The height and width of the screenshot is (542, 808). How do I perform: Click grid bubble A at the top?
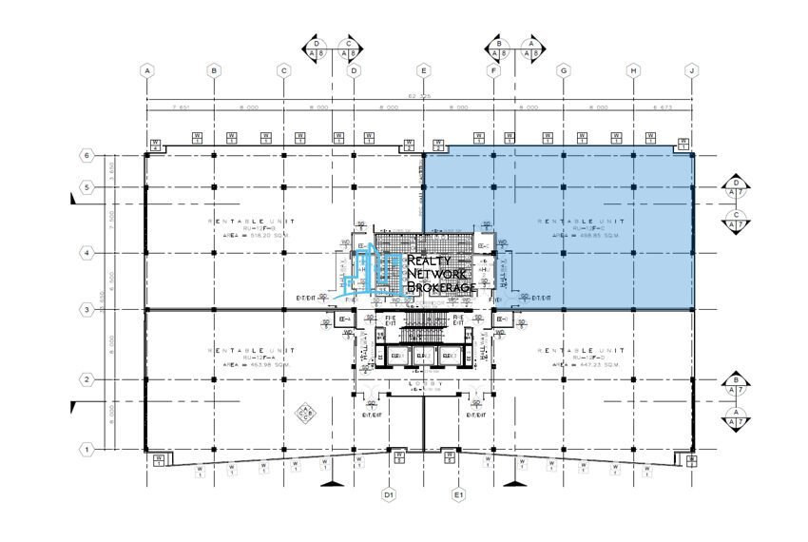click(x=146, y=70)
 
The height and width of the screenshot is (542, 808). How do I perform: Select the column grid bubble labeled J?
click(x=693, y=70)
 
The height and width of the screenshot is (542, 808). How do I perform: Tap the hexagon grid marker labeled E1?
click(x=458, y=494)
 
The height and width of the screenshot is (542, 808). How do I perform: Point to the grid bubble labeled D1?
click(x=388, y=494)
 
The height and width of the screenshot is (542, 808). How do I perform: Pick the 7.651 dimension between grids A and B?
click(x=180, y=107)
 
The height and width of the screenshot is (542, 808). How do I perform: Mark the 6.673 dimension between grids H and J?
click(x=663, y=107)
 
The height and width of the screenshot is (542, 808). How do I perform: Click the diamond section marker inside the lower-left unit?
click(x=305, y=412)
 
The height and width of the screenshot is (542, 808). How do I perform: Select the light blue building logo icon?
click(x=373, y=269)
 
